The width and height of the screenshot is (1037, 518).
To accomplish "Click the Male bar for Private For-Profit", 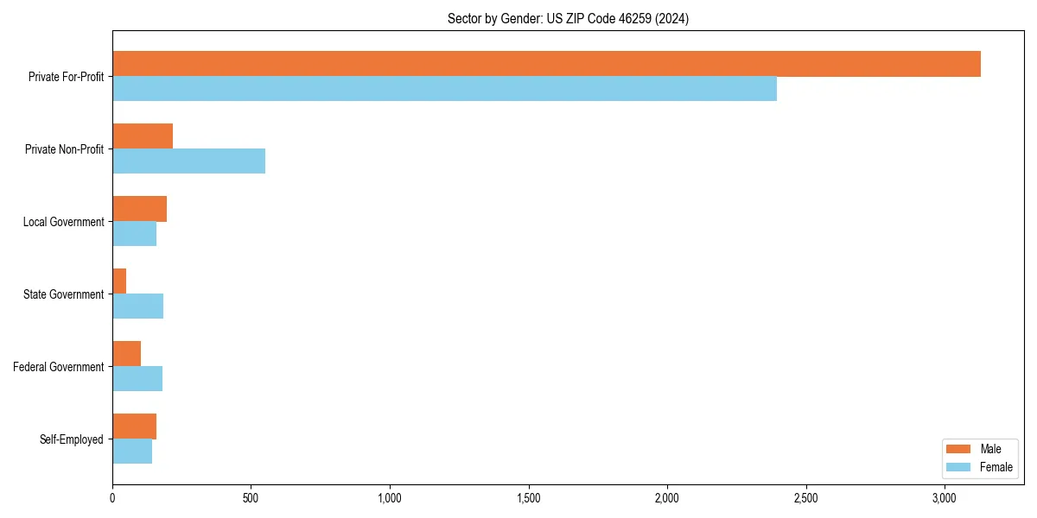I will [x=546, y=64].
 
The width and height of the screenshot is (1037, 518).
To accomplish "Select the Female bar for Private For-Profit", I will [x=444, y=89].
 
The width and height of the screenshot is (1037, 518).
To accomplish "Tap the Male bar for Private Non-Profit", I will [x=143, y=136].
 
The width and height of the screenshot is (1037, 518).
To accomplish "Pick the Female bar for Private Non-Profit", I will [x=188, y=161].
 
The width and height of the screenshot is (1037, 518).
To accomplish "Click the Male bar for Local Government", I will [x=139, y=209].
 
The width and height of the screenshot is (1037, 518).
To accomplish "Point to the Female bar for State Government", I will [x=137, y=306].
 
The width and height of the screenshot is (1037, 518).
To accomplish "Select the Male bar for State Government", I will [x=119, y=281].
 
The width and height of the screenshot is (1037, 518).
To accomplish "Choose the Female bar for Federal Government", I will [x=137, y=379].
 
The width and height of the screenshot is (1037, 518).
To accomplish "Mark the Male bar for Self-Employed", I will [x=134, y=426].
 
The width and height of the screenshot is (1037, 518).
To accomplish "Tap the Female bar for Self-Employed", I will [x=132, y=452].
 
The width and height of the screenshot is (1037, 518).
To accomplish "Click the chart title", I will [x=568, y=18].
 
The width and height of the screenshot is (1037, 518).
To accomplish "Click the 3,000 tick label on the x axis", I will [x=945, y=498].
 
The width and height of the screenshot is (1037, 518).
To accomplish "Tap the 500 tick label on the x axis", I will [x=251, y=498].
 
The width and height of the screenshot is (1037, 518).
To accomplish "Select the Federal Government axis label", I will [x=59, y=367].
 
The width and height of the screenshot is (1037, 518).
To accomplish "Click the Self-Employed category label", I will [x=72, y=439].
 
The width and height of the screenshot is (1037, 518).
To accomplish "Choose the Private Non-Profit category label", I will [x=64, y=149].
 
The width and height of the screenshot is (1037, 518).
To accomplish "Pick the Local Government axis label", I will [x=63, y=222].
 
